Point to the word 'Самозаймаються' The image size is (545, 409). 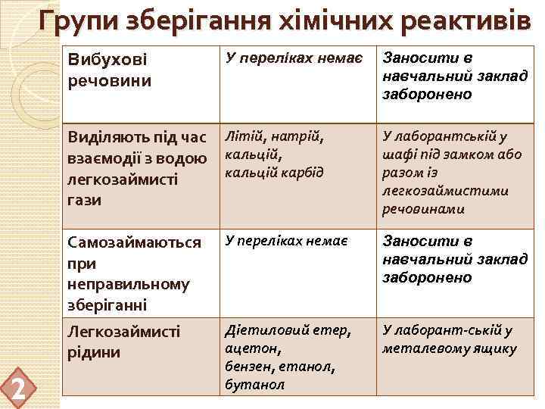tap(134, 242)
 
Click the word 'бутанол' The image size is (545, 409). tap(255, 385)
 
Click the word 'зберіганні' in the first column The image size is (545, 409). tap(107, 305)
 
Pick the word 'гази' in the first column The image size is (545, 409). tap(83, 201)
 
